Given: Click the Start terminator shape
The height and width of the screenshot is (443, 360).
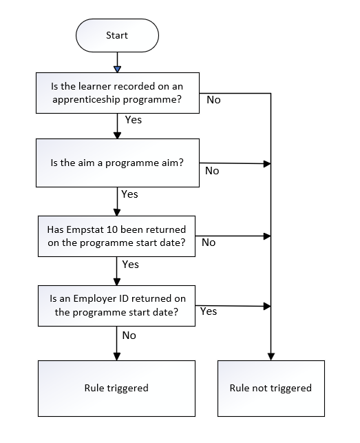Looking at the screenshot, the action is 117,36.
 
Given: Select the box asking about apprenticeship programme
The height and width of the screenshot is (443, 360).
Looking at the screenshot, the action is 118,93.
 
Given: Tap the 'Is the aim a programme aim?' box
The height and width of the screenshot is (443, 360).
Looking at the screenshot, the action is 118,163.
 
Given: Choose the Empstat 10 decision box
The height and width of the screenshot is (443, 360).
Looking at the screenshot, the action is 116,236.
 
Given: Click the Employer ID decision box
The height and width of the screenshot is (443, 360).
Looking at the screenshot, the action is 116,306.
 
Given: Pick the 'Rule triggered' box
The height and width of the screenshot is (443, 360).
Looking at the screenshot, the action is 116,388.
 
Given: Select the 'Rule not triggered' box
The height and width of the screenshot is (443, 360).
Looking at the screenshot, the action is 271,388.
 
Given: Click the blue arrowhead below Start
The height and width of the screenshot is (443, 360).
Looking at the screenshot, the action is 117,69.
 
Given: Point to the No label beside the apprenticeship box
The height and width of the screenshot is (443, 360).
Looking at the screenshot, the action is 213,100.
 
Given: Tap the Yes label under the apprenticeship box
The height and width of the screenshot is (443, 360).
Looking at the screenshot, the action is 134,120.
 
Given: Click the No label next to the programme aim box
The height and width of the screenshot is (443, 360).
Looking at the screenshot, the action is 212,171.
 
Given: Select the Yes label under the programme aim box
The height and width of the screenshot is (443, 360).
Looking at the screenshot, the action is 129,194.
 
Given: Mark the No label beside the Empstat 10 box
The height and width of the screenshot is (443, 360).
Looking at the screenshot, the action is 209,243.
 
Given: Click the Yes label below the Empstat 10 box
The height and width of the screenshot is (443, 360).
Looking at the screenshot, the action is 131,265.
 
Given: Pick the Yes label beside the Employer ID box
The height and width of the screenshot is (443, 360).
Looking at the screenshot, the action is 209,311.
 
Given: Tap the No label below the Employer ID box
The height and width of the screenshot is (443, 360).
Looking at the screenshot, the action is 129,336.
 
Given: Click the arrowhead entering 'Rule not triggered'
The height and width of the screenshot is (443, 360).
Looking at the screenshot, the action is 271,357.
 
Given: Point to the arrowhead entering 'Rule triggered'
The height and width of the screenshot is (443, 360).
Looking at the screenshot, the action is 116,357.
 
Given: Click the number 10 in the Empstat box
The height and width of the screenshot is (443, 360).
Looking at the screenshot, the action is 112,229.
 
